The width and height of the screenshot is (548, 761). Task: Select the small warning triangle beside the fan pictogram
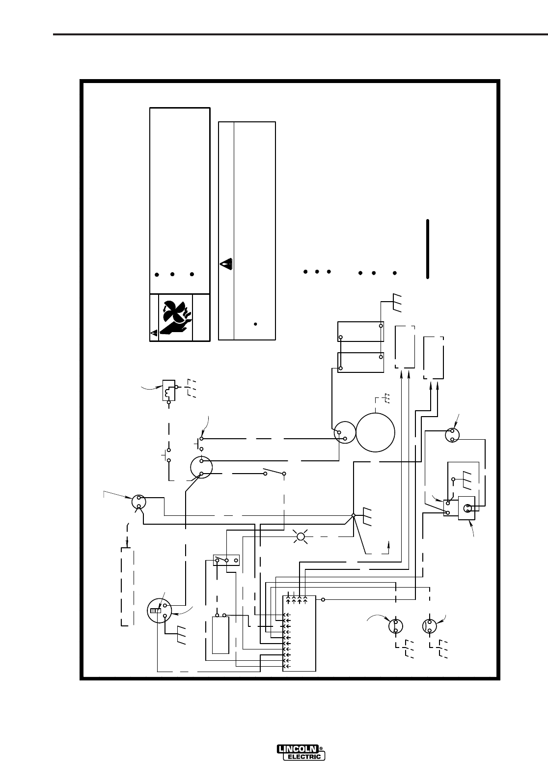(x=154, y=333)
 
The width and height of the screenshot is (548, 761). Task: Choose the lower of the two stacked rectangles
(x=360, y=362)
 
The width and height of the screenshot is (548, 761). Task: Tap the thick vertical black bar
(x=428, y=250)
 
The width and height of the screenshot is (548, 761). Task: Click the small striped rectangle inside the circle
(x=155, y=611)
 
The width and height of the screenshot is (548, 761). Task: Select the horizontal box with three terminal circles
(x=226, y=560)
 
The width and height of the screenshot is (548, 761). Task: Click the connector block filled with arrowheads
(x=299, y=634)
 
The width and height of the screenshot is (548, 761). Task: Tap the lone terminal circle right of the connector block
(x=323, y=600)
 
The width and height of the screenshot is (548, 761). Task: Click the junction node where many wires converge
(x=354, y=516)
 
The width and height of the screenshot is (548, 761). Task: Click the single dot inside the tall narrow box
(x=255, y=324)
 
